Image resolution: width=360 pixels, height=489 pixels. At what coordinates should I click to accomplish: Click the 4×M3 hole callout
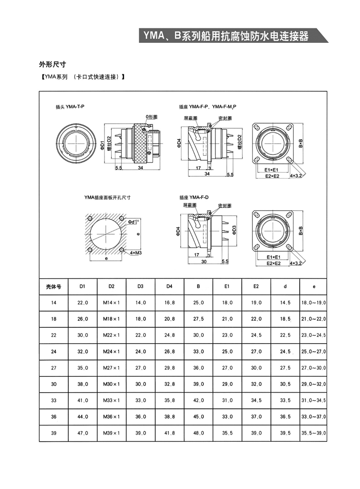coord(135,253)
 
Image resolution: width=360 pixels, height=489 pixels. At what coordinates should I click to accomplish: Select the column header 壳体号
coord(54,286)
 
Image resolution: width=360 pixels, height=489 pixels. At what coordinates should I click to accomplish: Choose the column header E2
coord(256,286)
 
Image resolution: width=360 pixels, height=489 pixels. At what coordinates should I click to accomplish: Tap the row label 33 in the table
coord(54,400)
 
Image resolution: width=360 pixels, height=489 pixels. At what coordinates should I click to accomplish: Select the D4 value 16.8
coord(170,303)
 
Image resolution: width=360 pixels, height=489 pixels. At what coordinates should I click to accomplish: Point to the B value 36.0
coord(198,368)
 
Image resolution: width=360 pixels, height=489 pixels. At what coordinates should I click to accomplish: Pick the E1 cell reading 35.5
coord(227,433)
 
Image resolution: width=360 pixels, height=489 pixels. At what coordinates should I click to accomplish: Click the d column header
coord(285,286)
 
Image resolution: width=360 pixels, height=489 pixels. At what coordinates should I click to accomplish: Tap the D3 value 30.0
coord(141,384)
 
